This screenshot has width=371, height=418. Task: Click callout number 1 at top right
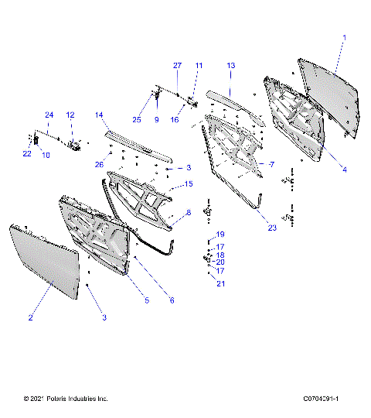coord(345,37)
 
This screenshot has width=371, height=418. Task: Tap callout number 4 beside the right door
coord(345,169)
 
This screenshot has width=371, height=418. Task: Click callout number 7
coord(272,165)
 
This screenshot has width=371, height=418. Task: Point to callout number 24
coord(49,115)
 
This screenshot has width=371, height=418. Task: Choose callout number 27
coord(176,66)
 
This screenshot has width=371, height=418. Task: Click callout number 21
coord(220,285)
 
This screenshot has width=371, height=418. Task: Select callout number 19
coord(220,235)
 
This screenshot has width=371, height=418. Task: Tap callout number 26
coord(99,164)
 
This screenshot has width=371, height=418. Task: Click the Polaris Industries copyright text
coord(66,399)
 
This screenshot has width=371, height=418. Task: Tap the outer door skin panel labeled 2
coord(46,259)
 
